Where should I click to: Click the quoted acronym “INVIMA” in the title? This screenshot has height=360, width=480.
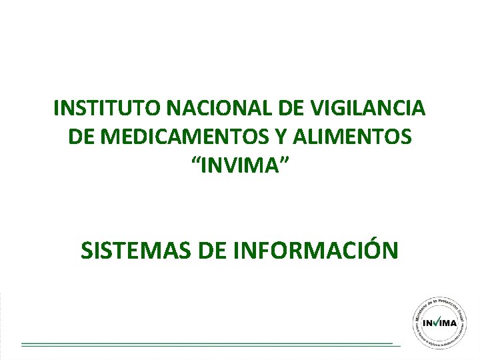(240, 165)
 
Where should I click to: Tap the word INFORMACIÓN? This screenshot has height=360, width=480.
(316, 250)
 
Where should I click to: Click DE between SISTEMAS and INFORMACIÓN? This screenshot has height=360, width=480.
(213, 250)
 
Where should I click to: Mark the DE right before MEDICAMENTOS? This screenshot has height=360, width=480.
(81, 137)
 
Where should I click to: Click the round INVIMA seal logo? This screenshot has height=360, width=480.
(439, 321)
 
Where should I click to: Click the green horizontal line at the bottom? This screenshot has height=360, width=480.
(207, 345)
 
